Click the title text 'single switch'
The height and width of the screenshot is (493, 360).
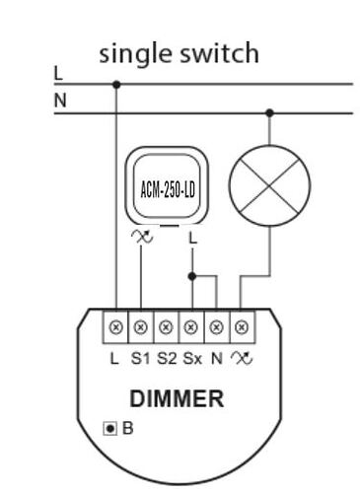180,54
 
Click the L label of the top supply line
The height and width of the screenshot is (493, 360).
59,72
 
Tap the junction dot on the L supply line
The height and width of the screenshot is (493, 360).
116,84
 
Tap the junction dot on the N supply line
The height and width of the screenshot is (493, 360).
267,112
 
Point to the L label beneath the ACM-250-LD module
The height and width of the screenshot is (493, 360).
192,239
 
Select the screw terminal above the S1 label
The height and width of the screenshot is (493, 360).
141,326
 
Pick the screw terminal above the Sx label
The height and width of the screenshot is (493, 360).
191,326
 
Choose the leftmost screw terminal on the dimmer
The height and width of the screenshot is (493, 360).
116,326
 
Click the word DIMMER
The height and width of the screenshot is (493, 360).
180,400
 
